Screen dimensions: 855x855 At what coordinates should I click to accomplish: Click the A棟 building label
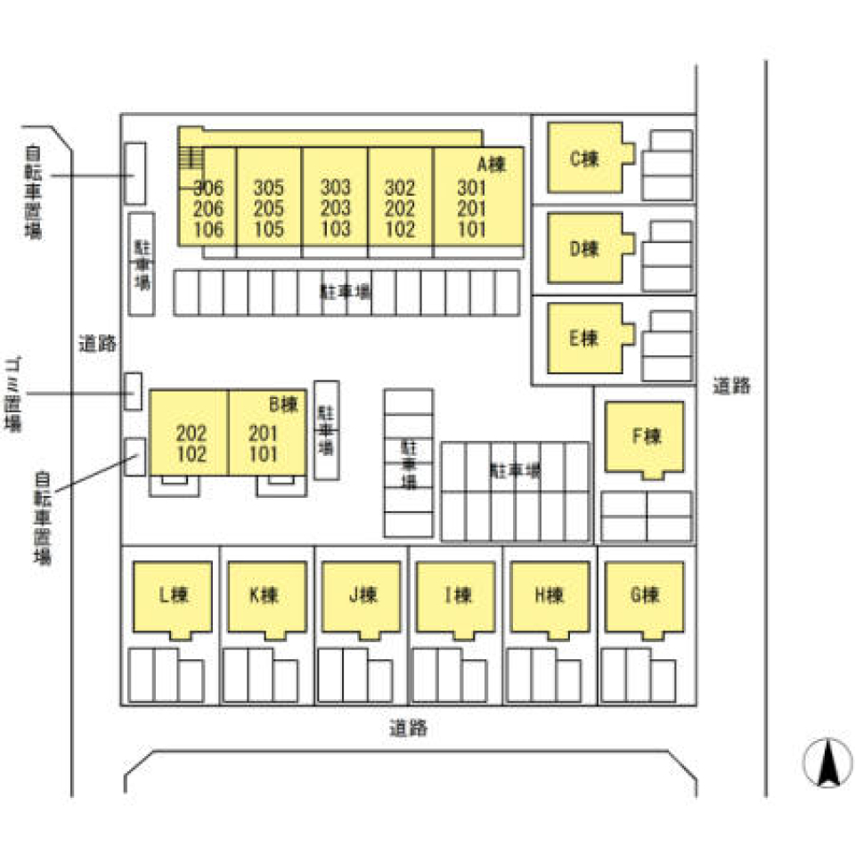pyautogui.click(x=491, y=164)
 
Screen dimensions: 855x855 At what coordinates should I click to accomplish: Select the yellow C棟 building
pyautogui.click(x=585, y=159)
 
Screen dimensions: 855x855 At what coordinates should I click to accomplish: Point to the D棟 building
pyautogui.click(x=585, y=249)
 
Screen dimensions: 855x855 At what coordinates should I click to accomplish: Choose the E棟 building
pyautogui.click(x=585, y=338)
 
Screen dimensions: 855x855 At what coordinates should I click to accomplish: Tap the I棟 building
pyautogui.click(x=457, y=597)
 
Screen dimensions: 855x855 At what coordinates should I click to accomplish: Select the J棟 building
pyautogui.click(x=362, y=597)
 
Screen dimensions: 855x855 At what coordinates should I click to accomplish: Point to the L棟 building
pyautogui.click(x=172, y=597)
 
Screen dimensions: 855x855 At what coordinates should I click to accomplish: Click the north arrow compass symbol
pyautogui.click(x=827, y=763)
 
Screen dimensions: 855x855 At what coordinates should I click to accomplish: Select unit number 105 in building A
pyautogui.click(x=268, y=229)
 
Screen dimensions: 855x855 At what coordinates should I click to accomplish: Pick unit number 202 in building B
pyautogui.click(x=191, y=434)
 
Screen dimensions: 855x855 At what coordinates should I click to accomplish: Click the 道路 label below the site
pyautogui.click(x=408, y=728)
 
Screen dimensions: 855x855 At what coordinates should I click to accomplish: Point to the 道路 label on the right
pyautogui.click(x=731, y=386)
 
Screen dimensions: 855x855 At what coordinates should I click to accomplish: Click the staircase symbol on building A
pyautogui.click(x=190, y=158)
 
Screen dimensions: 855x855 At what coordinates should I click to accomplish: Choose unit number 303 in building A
pyautogui.click(x=335, y=188)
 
